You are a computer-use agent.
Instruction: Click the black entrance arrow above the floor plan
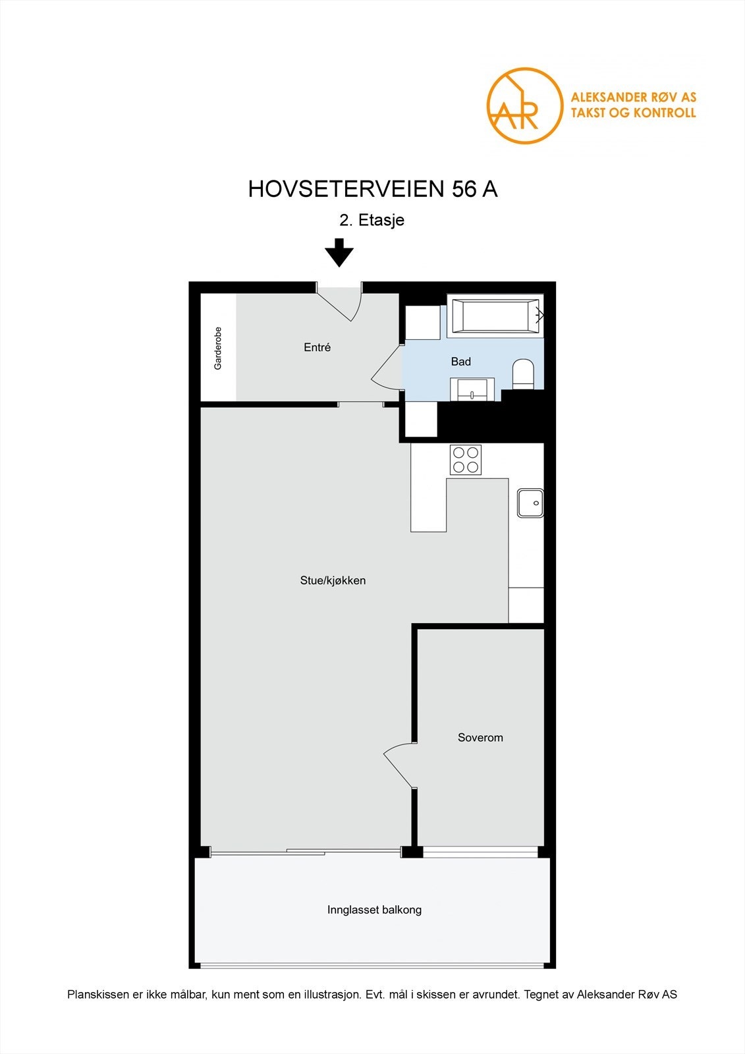pyautogui.click(x=339, y=253)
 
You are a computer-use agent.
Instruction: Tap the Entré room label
pyautogui.click(x=317, y=347)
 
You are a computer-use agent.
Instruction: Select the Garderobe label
pyautogui.click(x=218, y=348)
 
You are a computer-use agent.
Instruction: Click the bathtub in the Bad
pyautogui.click(x=495, y=316)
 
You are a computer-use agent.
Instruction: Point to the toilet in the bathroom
pyautogui.click(x=524, y=373)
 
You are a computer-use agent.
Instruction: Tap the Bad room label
pyautogui.click(x=460, y=362)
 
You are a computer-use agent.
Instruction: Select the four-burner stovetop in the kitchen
pyautogui.click(x=466, y=460)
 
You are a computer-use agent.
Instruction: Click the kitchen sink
pyautogui.click(x=530, y=503)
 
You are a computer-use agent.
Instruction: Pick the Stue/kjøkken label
pyautogui.click(x=333, y=580)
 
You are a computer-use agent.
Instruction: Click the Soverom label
pyautogui.click(x=480, y=738)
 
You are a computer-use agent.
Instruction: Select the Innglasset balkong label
pyautogui.click(x=374, y=910)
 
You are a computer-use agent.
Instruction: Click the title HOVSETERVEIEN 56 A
pyautogui.click(x=372, y=189)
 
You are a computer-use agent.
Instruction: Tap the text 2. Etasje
pyautogui.click(x=372, y=220)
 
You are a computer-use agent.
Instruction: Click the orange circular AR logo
pyautogui.click(x=524, y=105)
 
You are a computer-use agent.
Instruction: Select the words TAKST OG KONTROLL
pyautogui.click(x=632, y=113)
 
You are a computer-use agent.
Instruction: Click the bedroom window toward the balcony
pyautogui.click(x=480, y=852)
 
